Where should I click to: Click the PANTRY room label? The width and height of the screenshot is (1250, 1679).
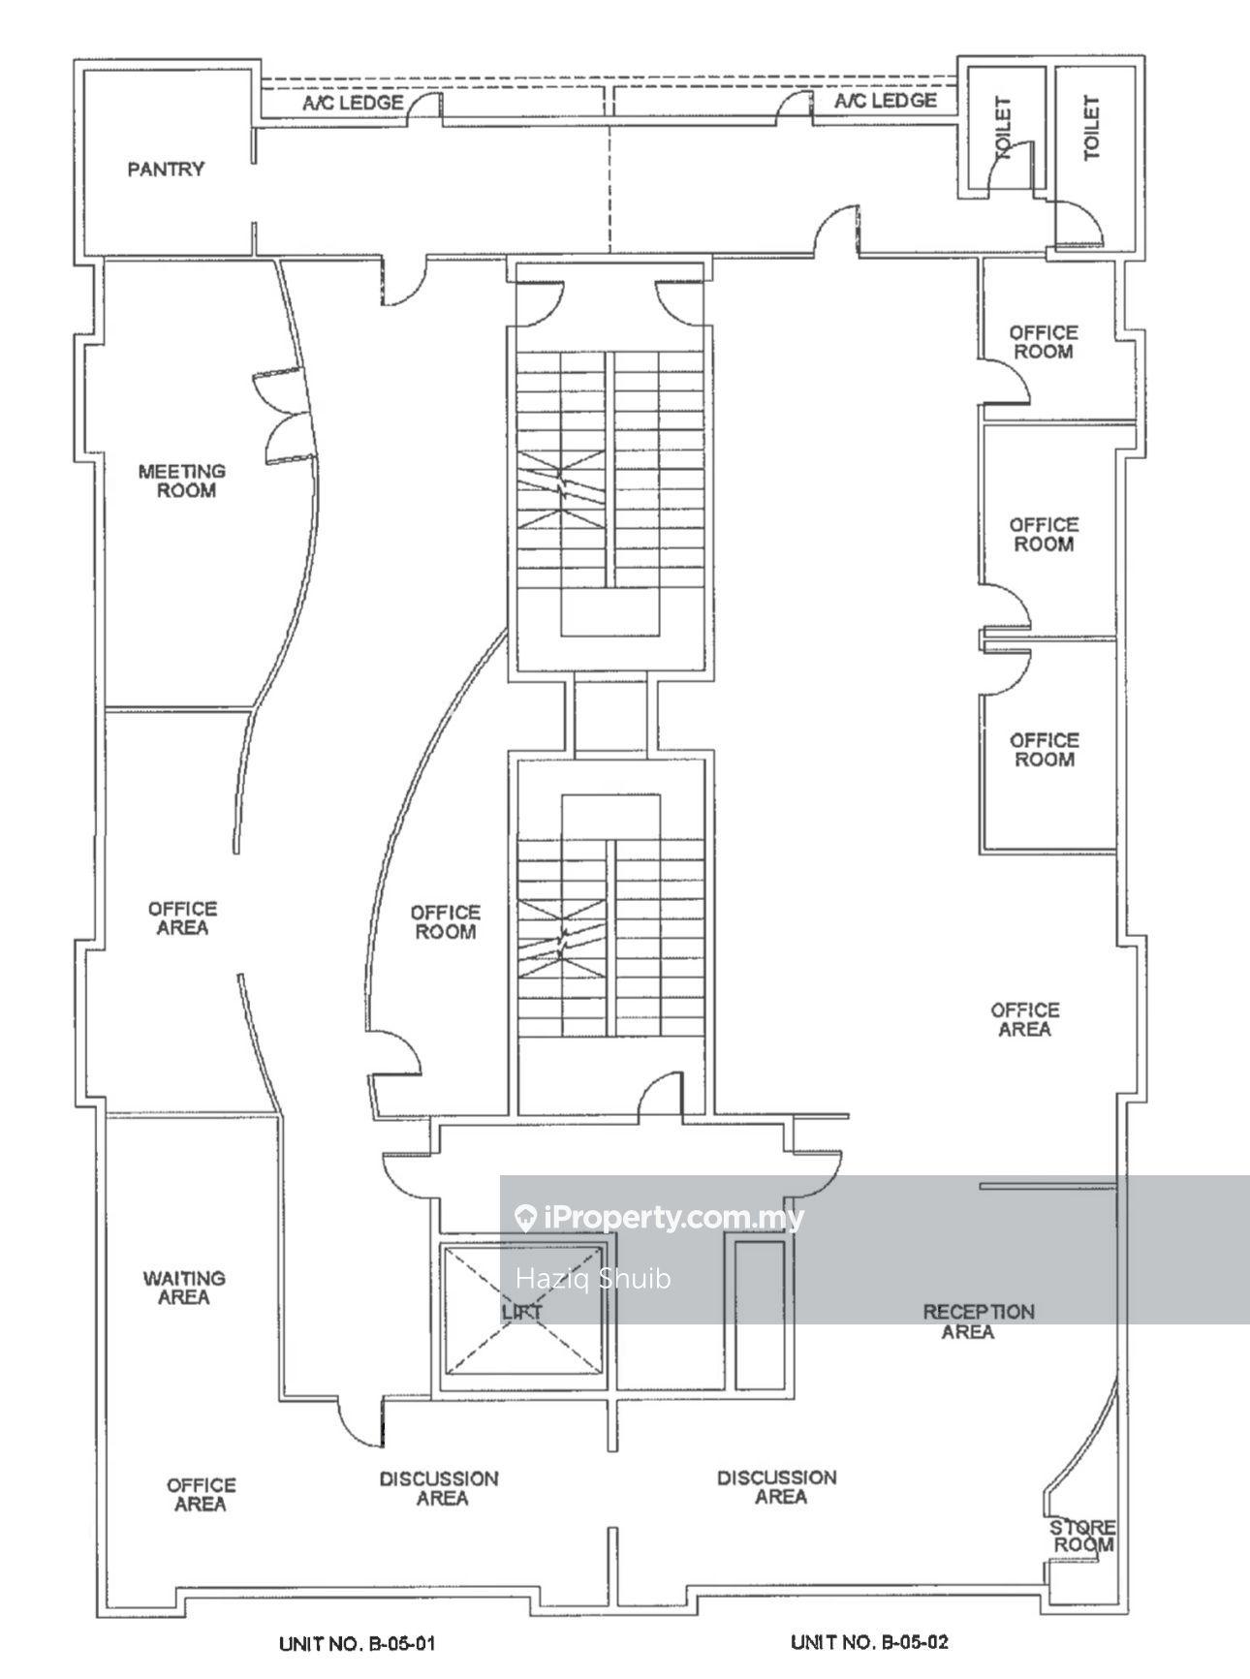[x=166, y=170]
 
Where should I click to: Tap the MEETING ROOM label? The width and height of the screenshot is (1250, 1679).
[x=181, y=481]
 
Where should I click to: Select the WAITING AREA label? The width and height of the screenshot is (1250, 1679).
[x=184, y=1288]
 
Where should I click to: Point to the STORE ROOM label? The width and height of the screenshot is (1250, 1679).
[x=1083, y=1536]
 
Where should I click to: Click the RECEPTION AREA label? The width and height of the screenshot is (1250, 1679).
[x=978, y=1321]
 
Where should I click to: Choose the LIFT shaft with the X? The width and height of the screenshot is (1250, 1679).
[x=522, y=1309]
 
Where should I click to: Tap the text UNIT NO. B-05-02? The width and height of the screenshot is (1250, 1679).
[x=869, y=1642]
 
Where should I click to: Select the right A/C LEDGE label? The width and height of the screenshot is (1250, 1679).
[x=886, y=101]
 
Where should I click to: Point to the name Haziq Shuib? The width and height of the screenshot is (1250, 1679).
[x=593, y=1279]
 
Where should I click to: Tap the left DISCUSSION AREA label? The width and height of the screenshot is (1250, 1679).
[x=439, y=1489]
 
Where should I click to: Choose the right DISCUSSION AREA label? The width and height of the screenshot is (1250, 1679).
[x=777, y=1487]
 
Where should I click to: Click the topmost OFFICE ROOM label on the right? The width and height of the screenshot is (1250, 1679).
[x=1043, y=342]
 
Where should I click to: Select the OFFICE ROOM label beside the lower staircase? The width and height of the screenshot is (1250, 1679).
[x=445, y=922]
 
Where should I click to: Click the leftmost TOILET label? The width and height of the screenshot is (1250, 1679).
[x=1002, y=128]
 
